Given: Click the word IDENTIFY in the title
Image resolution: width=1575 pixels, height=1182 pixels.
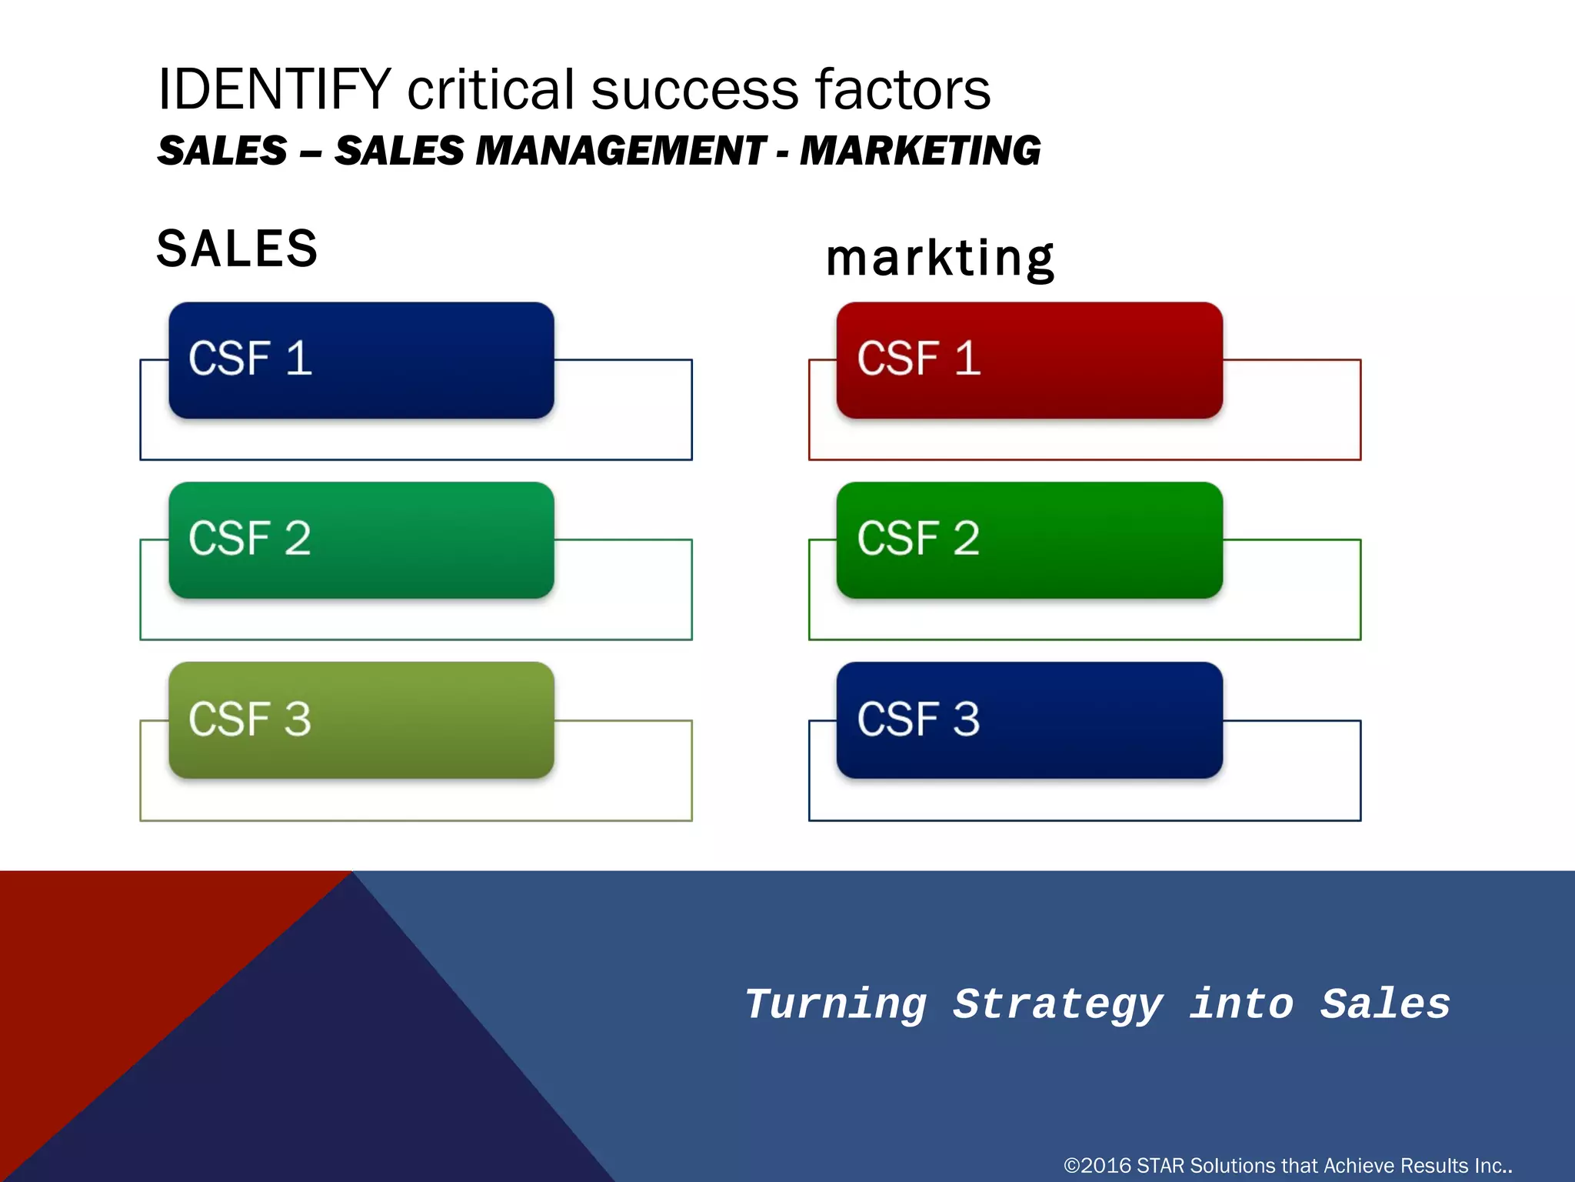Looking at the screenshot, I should (275, 90).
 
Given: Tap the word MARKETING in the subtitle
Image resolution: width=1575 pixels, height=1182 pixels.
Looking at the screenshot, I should (920, 150).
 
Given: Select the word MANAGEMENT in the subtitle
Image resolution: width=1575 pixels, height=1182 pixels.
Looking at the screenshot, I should (621, 150).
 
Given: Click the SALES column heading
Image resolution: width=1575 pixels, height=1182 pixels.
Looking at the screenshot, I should (237, 249).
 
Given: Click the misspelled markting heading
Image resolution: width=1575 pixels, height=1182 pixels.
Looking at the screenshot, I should (939, 259).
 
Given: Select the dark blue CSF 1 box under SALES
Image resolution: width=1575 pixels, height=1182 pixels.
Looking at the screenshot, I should (361, 360).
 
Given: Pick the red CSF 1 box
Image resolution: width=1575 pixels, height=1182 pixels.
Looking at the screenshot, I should (1029, 360).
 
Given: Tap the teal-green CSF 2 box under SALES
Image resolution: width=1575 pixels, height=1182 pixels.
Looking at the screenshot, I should (361, 540).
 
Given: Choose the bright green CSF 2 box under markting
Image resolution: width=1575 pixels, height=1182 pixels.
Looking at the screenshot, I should (1029, 540).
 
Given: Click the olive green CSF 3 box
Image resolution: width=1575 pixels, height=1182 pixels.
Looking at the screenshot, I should (361, 720).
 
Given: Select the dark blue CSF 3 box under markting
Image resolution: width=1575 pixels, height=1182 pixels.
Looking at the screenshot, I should (1029, 720).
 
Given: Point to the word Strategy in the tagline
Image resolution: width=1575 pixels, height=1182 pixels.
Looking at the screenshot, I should (1057, 1005).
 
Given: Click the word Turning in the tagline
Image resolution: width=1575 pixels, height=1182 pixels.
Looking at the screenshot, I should (836, 1005).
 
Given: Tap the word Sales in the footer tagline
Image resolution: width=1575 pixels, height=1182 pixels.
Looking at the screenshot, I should (1385, 1005).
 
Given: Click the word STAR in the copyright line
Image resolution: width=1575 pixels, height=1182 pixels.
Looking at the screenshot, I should (1160, 1166).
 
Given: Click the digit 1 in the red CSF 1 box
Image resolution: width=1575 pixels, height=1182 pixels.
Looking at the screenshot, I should (967, 359).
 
